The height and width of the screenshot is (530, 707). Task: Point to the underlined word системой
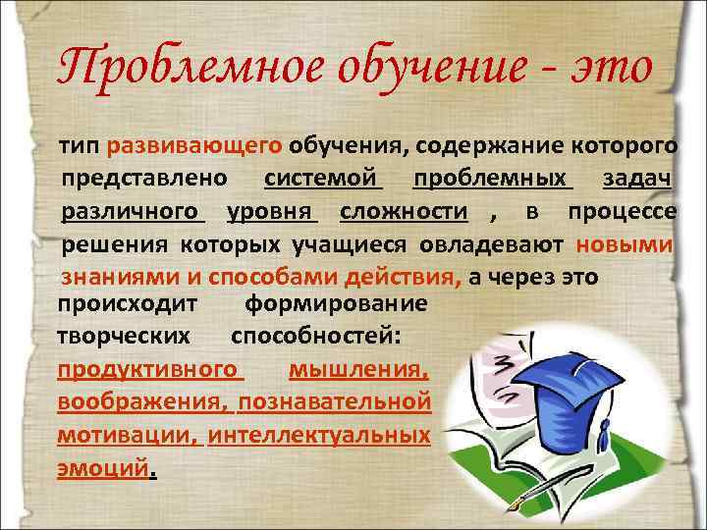click(322, 180)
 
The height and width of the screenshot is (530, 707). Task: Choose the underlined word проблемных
click(492, 180)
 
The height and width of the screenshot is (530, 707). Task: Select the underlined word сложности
click(404, 212)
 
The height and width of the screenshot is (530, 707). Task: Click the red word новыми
click(625, 244)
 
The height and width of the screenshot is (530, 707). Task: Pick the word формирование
click(336, 303)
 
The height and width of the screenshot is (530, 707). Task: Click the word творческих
click(124, 336)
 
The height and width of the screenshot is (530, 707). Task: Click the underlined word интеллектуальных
click(320, 434)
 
